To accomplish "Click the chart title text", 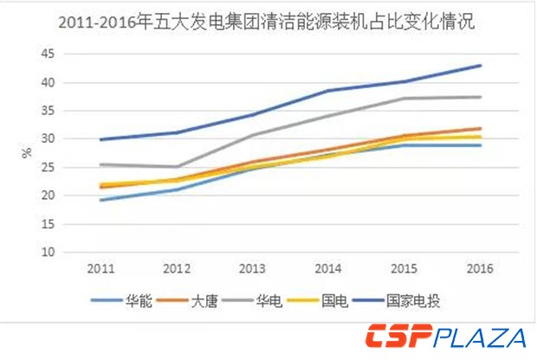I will click(x=268, y=23).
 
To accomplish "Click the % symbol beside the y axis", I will click(x=25, y=153).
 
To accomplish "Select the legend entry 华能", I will click(x=139, y=299).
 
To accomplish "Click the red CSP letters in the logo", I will click(x=398, y=336).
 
